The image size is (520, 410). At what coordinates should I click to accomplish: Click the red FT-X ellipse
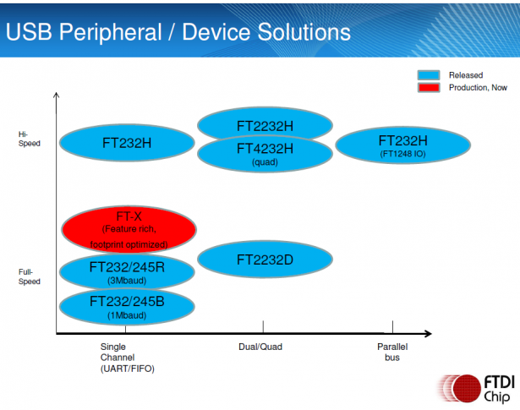129,229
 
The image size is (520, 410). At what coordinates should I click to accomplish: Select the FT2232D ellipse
265,260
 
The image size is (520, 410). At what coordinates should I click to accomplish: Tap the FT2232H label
265,126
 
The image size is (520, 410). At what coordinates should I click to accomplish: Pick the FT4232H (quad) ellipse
265,154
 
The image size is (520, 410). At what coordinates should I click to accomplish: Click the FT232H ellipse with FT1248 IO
403,145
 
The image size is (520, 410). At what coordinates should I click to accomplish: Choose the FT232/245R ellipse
127,272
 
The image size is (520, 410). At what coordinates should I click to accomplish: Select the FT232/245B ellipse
127,307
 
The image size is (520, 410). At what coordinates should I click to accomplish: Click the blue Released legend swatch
429,75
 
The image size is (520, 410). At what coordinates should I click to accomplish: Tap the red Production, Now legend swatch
429,88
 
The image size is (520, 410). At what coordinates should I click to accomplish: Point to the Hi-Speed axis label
30,139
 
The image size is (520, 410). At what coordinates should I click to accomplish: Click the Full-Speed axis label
30,276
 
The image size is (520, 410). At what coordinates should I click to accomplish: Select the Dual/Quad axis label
260,347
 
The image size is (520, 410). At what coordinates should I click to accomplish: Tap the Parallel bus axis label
392,352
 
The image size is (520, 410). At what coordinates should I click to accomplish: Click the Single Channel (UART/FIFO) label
128,358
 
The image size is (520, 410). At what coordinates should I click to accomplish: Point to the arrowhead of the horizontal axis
428,333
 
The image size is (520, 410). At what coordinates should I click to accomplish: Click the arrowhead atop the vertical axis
57,96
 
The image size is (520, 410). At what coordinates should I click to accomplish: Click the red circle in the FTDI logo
467,389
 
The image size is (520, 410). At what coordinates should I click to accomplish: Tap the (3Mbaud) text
127,281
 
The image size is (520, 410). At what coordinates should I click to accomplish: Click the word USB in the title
29,32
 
